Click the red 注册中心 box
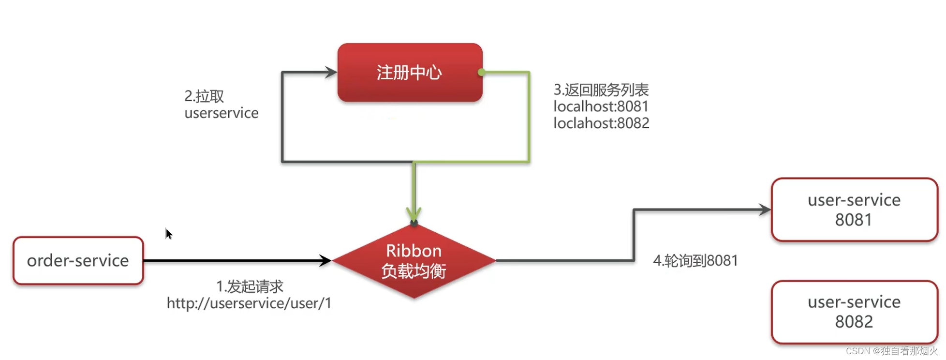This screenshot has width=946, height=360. click(x=410, y=73)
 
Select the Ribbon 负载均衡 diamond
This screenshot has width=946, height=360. click(x=414, y=261)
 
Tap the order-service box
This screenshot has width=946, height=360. click(x=78, y=261)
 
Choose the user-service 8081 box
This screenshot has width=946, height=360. click(x=854, y=210)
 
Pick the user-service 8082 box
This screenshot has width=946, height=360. click(x=854, y=312)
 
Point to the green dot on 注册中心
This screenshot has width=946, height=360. click(x=481, y=73)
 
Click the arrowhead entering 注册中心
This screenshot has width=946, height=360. click(x=331, y=73)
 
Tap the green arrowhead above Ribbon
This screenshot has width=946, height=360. click(x=414, y=214)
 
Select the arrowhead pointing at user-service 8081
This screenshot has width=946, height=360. click(x=765, y=210)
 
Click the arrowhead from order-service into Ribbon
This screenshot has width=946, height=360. click(x=325, y=261)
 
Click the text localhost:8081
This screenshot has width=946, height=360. click(x=601, y=106)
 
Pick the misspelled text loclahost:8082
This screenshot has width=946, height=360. click(x=601, y=123)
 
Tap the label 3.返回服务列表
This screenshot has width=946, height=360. click(x=601, y=90)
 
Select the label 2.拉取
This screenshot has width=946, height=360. click(x=204, y=96)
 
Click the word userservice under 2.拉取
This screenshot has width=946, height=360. click(x=222, y=113)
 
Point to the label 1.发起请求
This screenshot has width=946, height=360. click(x=250, y=286)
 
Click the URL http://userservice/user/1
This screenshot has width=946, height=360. click(x=249, y=303)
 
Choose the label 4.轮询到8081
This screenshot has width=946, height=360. click(x=695, y=261)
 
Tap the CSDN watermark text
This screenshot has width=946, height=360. click(x=891, y=351)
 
